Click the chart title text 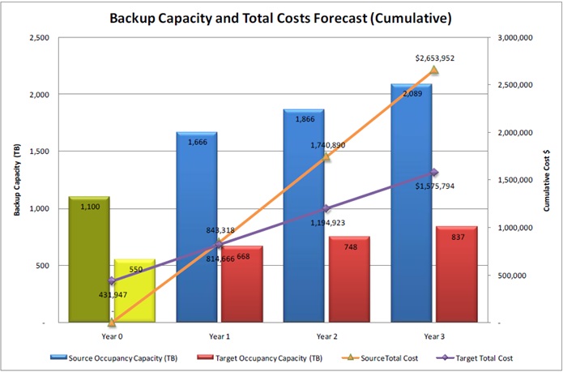(x=281, y=17)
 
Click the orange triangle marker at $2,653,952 (x=433, y=71)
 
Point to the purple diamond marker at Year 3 (x=433, y=172)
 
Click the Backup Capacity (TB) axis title (x=17, y=180)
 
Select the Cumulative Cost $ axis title (x=546, y=180)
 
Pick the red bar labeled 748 (x=349, y=280)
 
